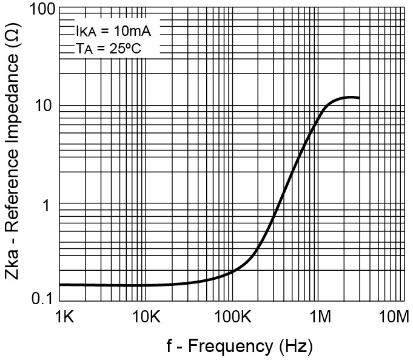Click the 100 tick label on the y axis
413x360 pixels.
pyautogui.click(x=42, y=10)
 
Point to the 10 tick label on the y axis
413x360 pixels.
pyautogui.click(x=46, y=106)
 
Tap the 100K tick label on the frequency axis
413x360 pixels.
pyautogui.click(x=232, y=318)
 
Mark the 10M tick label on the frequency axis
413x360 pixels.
pyautogui.click(x=395, y=318)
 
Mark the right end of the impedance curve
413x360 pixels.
pyautogui.click(x=359, y=98)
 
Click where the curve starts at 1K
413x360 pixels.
pyautogui.click(x=60, y=284)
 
